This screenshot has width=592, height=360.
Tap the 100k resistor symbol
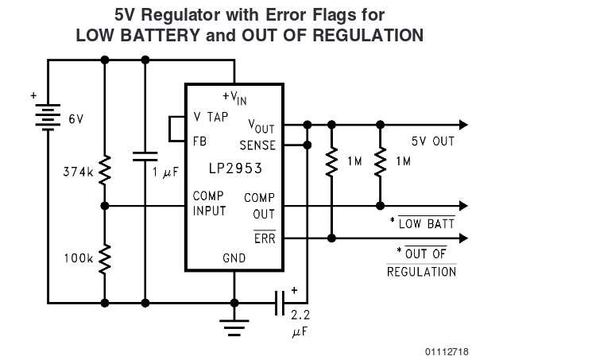click(x=105, y=259)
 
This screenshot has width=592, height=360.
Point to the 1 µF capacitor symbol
click(x=145, y=155)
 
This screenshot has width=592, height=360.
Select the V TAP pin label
click(x=211, y=116)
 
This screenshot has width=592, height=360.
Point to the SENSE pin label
click(x=257, y=145)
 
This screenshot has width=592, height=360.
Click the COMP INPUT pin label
click(x=209, y=203)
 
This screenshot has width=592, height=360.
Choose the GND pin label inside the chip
click(x=234, y=258)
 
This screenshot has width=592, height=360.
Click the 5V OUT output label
click(x=432, y=141)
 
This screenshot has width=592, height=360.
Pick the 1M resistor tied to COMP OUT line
click(x=380, y=161)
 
